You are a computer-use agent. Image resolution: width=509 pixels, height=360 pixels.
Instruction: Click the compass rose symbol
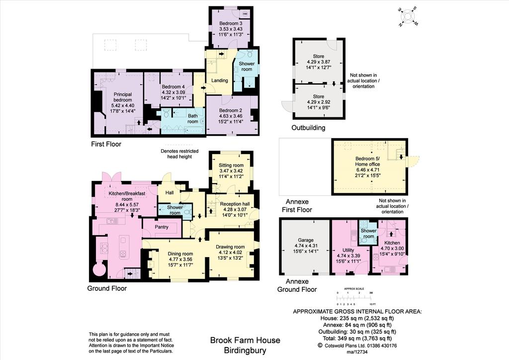click(408, 16)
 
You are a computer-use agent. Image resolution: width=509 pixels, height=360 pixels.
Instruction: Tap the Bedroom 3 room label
click(231, 23)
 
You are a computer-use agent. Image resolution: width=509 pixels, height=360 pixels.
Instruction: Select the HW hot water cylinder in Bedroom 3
click(245, 14)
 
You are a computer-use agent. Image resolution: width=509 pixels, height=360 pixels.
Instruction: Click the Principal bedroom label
click(123, 97)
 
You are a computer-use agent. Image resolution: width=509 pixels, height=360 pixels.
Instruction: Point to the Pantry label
click(162, 227)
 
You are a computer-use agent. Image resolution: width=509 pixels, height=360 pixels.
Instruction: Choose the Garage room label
click(306, 240)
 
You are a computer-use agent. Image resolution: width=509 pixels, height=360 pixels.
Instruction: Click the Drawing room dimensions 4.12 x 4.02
click(230, 253)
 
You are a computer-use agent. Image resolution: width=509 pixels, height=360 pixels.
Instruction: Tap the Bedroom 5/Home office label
click(367, 161)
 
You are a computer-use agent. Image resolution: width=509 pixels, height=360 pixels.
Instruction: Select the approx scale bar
click(356, 297)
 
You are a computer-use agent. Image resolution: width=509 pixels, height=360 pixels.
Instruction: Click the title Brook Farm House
click(245, 340)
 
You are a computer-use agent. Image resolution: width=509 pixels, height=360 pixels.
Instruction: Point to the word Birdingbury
click(245, 351)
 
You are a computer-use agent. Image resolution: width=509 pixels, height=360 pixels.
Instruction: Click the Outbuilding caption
click(308, 128)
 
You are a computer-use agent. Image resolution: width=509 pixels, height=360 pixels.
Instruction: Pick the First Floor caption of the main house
click(106, 144)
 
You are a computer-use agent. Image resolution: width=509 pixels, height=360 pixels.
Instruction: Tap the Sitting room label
click(231, 165)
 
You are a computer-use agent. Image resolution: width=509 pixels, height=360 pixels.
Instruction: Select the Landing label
click(219, 81)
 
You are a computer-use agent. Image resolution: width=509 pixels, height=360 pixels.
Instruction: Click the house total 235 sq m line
click(357, 318)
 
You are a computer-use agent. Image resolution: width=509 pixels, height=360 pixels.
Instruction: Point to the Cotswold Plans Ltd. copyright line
click(357, 346)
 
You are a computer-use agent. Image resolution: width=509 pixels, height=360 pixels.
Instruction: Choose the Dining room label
click(180, 254)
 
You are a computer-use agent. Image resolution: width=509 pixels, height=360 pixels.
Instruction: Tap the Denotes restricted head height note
click(179, 154)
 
